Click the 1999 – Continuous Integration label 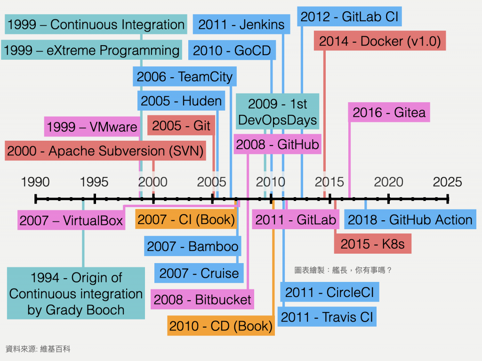96,25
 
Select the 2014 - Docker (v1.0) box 379,41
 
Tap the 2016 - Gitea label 389,112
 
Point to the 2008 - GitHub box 278,144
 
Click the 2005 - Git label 181,126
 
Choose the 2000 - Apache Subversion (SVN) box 105,151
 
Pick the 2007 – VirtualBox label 71,221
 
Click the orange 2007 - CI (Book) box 186,219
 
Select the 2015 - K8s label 372,244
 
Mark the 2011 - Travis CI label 327,317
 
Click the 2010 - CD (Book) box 221,326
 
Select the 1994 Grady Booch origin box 76,294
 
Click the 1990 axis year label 35,182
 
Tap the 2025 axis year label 448,182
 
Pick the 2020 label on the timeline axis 389,182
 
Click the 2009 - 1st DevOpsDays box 277,112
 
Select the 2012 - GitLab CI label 350,17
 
